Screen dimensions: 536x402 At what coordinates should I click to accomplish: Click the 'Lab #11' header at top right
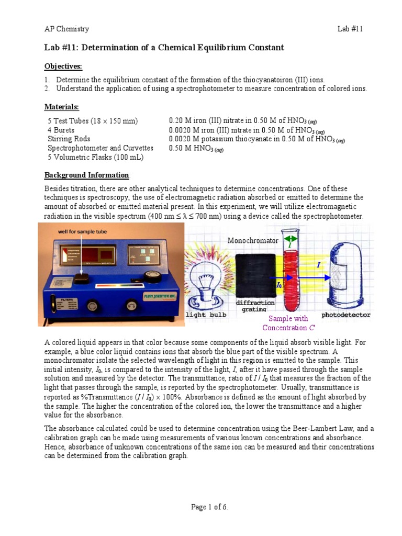(x=350, y=29)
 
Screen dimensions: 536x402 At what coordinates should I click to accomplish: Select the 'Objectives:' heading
(x=63, y=66)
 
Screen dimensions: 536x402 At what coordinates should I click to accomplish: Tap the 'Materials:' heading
(x=61, y=107)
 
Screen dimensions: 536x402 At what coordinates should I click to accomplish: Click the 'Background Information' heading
(x=86, y=175)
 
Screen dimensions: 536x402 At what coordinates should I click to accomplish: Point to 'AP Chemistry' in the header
(x=66, y=29)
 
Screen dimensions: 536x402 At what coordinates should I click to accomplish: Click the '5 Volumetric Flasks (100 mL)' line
(x=96, y=157)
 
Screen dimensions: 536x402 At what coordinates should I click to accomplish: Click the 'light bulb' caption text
(x=207, y=315)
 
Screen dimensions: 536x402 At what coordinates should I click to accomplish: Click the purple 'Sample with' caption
(x=288, y=318)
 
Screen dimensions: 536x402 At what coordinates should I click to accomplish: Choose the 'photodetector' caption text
(x=346, y=315)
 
